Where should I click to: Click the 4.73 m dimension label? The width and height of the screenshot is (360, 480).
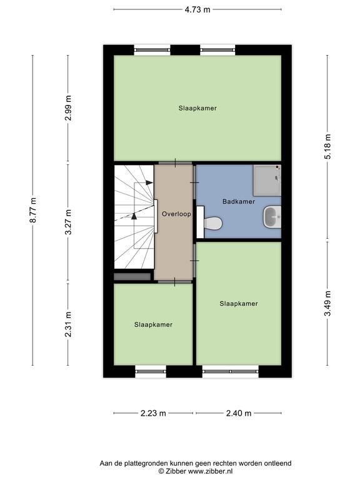[197, 9]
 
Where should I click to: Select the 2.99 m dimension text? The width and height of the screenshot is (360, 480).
[68, 107]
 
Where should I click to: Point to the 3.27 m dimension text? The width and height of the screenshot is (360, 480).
[68, 222]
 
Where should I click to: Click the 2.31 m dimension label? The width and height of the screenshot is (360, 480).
[68, 324]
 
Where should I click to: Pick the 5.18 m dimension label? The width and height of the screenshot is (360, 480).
[327, 147]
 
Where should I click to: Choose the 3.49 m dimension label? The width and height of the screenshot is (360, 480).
[327, 303]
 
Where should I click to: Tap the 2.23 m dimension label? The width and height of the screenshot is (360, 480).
[153, 413]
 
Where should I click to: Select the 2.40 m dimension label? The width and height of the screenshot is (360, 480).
[239, 413]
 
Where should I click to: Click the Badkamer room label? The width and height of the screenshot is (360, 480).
[239, 201]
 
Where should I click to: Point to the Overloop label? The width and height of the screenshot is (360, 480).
[176, 214]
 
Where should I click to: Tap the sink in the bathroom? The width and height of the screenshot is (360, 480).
[272, 217]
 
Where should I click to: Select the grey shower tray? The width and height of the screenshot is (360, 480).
[267, 180]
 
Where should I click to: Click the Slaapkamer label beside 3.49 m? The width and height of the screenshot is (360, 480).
[239, 304]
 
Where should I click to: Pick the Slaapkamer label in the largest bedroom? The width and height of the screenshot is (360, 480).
[197, 108]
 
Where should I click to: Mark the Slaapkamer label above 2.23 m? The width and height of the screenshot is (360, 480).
[153, 324]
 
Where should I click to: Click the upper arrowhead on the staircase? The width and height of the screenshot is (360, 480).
[149, 182]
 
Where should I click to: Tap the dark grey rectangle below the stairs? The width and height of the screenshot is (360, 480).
[132, 277]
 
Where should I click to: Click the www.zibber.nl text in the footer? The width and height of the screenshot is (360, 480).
[210, 471]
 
